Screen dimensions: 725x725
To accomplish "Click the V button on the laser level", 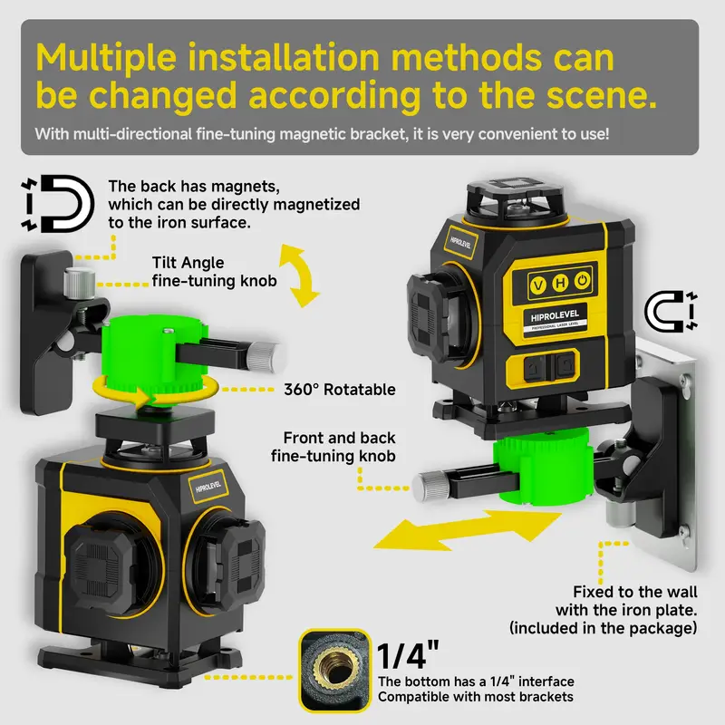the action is [x=537, y=285].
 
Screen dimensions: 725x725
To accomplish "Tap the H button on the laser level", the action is [x=560, y=283].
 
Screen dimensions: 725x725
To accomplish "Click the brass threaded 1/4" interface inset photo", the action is [x=334, y=671].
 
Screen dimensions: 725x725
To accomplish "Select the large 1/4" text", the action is [x=408, y=655].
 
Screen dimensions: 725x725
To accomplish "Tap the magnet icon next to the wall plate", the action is [x=671, y=311].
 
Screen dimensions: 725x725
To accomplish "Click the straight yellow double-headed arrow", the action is [x=467, y=530].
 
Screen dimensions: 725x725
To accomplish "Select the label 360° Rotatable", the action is [x=340, y=390].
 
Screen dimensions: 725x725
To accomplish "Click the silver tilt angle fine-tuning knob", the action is [x=79, y=283].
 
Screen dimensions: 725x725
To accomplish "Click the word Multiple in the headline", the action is [x=106, y=58].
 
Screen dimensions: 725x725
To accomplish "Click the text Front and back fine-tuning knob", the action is [x=333, y=447].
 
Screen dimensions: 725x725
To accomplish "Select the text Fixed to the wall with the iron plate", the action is [x=626, y=601].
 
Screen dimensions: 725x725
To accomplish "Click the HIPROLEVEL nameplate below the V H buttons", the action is [x=555, y=320].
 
